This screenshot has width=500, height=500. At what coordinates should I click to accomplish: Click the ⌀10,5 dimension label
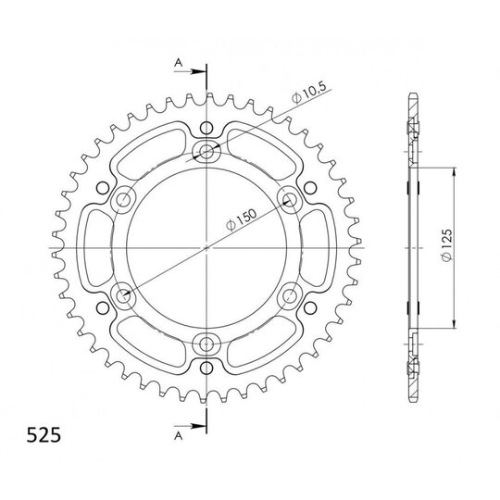tap(308, 93)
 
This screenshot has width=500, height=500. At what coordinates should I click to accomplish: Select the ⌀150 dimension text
tap(241, 219)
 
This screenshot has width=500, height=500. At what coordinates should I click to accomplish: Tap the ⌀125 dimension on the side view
tap(447, 244)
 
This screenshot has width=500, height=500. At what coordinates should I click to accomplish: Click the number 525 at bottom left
tap(44, 435)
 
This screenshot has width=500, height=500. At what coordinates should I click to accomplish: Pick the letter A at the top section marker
tap(179, 63)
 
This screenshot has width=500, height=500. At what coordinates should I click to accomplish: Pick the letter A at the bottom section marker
tap(179, 435)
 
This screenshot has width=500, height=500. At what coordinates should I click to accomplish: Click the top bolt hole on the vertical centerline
tap(206, 151)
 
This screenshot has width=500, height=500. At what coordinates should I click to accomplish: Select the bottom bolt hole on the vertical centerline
tap(206, 344)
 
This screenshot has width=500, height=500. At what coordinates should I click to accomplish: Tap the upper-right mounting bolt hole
tap(290, 200)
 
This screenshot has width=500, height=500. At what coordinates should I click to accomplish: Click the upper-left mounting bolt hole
tap(123, 200)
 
